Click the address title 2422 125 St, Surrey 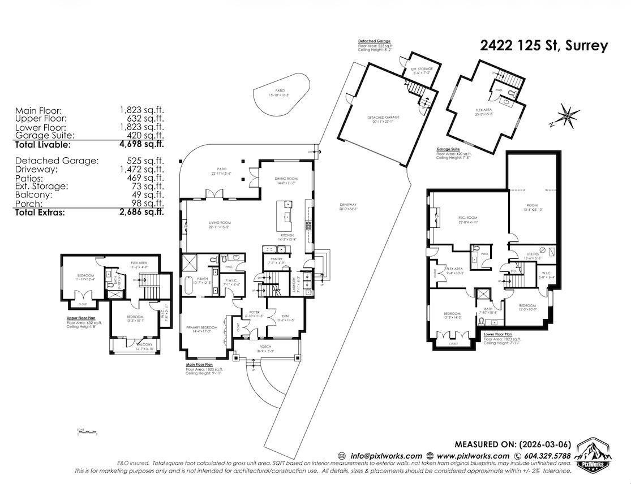pos(544,46)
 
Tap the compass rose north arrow pos(568,115)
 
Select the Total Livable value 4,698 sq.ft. pos(141,145)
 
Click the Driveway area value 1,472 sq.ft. pos(141,169)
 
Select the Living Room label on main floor pos(219,224)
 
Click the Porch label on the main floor pos(265,347)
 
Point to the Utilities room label pos(534,256)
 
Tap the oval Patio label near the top pos(279,91)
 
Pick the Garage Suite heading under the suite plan pos(448,149)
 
